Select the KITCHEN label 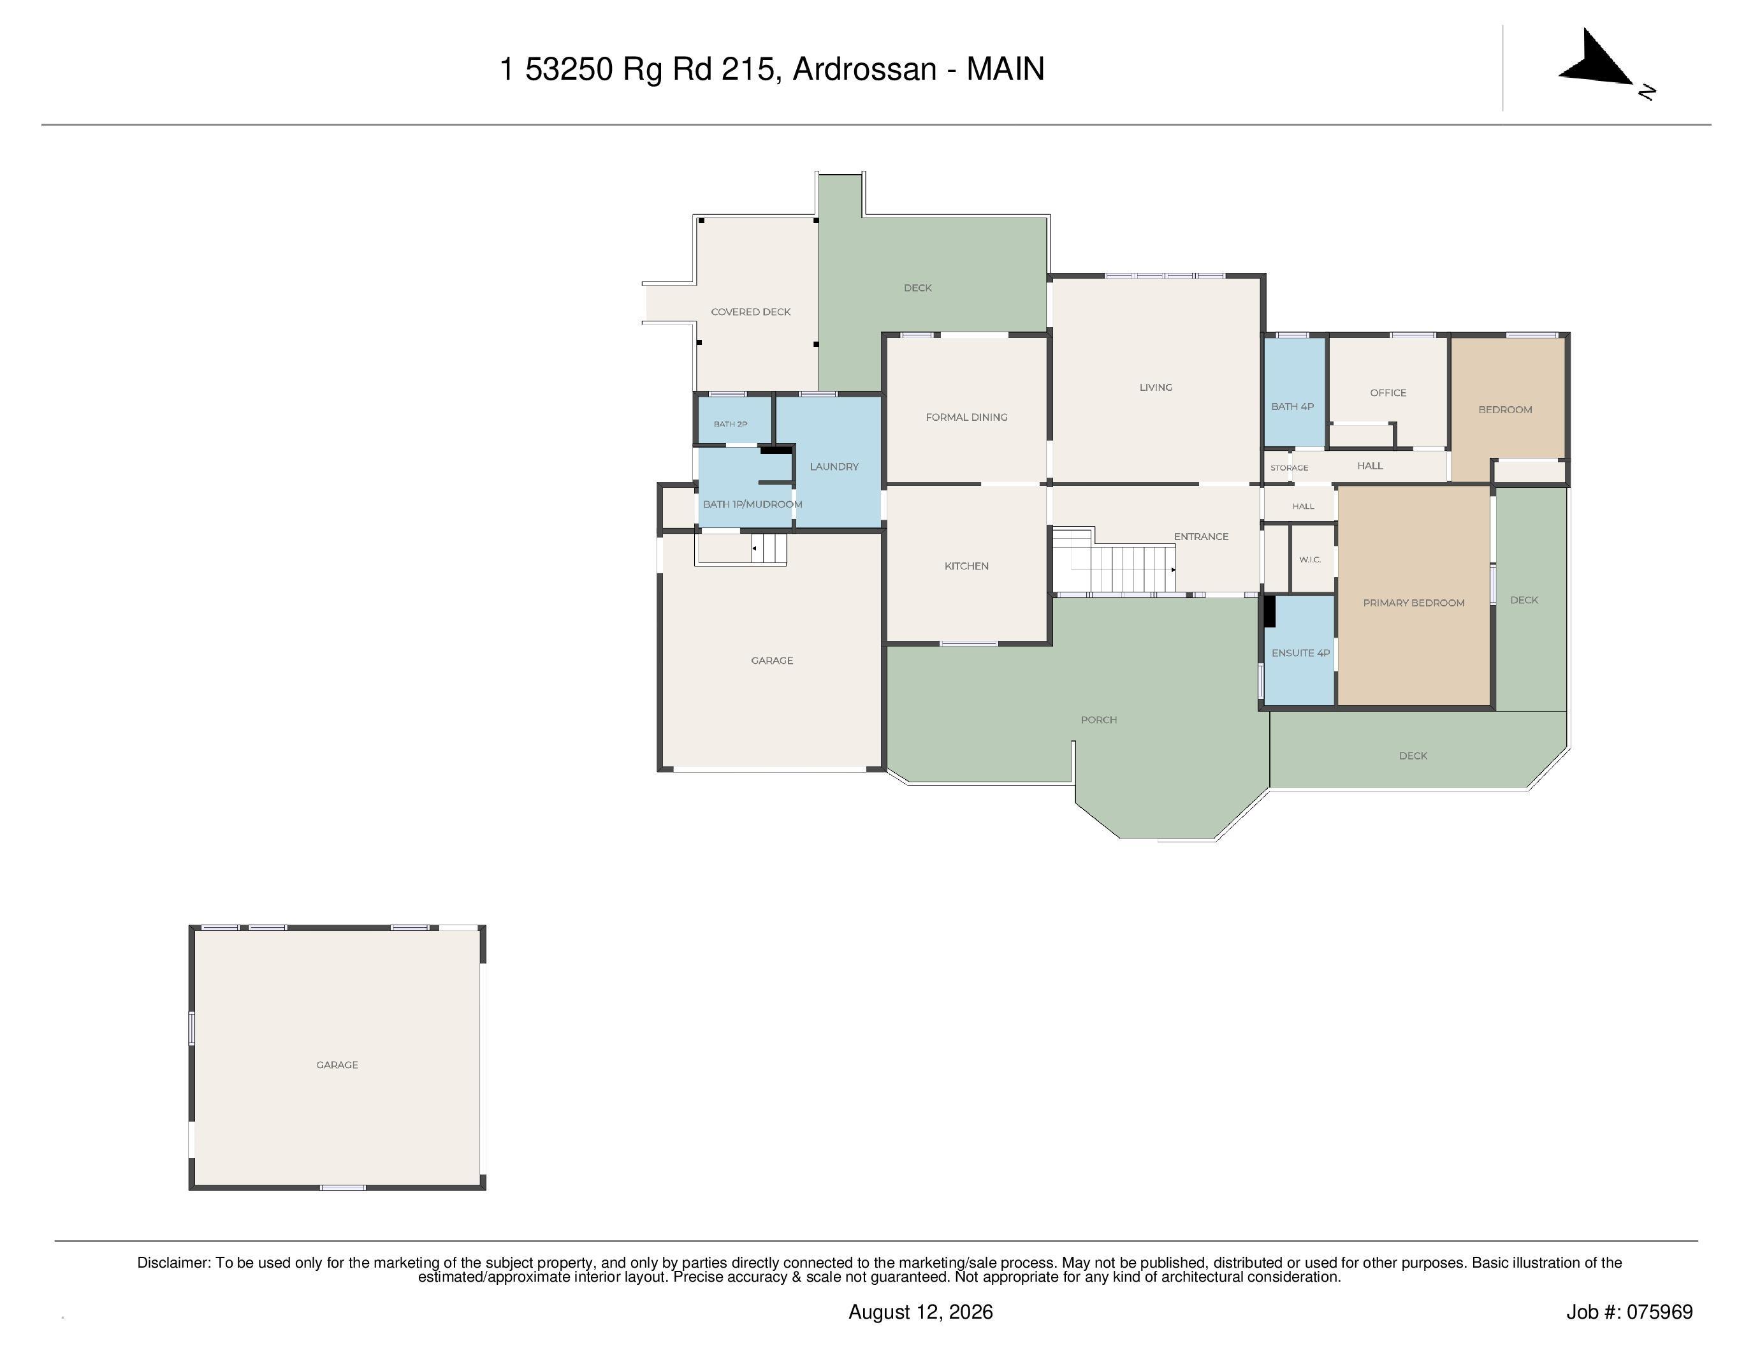(966, 566)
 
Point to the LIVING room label (1156, 387)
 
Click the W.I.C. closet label (1310, 559)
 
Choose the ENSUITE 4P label (1300, 652)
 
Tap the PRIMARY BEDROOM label (1413, 603)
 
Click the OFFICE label (1388, 393)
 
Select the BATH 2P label (731, 424)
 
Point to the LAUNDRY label (834, 466)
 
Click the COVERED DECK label (750, 311)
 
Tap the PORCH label (1099, 719)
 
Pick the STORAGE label (1289, 468)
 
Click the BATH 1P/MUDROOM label (753, 504)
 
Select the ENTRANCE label (1201, 536)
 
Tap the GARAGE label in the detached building (337, 1064)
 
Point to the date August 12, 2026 (920, 1312)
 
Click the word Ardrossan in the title (864, 69)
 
